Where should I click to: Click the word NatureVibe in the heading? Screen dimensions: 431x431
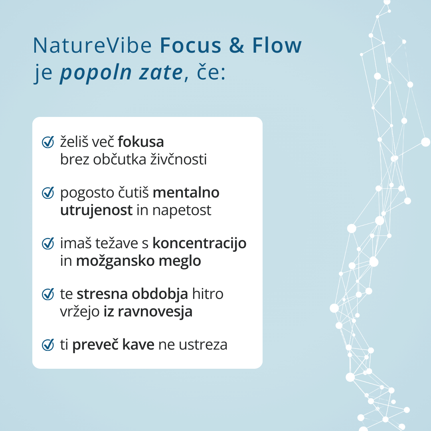(92, 45)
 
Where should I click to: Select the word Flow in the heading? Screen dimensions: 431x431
(277, 45)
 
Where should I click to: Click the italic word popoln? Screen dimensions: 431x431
(96, 73)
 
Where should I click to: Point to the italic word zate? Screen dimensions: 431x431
(161, 73)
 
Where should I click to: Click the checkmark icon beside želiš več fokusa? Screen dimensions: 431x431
(48, 142)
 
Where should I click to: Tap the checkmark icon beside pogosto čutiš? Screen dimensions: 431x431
(48, 193)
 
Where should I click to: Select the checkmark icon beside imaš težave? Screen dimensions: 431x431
(48, 243)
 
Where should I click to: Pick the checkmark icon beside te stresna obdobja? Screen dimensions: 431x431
(48, 294)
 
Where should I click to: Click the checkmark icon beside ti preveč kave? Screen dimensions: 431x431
(48, 345)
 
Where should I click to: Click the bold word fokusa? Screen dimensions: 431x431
(141, 142)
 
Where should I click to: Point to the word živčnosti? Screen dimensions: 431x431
(178, 159)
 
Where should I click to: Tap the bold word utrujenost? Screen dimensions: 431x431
(97, 211)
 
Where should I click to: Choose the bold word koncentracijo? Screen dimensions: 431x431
(199, 243)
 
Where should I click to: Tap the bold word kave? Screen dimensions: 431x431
(138, 345)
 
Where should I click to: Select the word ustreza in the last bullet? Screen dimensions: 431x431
(203, 345)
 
